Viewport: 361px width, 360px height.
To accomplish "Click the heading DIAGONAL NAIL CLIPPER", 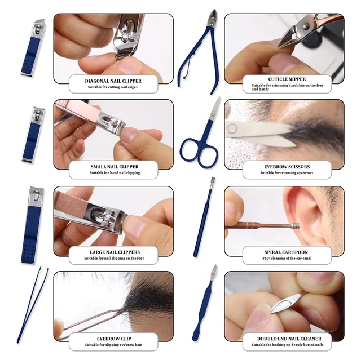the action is click(113, 81).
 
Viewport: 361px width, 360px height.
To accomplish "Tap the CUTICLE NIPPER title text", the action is click(287, 79).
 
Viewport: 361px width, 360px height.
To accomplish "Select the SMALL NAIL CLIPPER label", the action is click(115, 167).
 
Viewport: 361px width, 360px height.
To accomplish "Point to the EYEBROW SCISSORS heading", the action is click(287, 167).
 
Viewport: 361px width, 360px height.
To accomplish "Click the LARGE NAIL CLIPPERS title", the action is click(115, 252).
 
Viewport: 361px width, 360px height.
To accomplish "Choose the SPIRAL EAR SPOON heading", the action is click(286, 252).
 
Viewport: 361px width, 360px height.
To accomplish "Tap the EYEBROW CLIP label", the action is click(114, 339).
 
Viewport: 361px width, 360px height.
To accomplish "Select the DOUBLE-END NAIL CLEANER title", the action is click(289, 339).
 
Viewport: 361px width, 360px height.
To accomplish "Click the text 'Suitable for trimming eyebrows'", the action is click(287, 173).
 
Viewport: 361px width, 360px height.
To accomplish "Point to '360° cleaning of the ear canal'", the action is click(287, 259).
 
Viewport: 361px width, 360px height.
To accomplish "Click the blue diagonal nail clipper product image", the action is click(33, 47).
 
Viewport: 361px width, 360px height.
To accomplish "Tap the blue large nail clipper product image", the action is click(33, 225).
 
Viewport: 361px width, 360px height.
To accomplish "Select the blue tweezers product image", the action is click(32, 305).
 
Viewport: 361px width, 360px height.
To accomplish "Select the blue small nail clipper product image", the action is click(33, 135).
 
